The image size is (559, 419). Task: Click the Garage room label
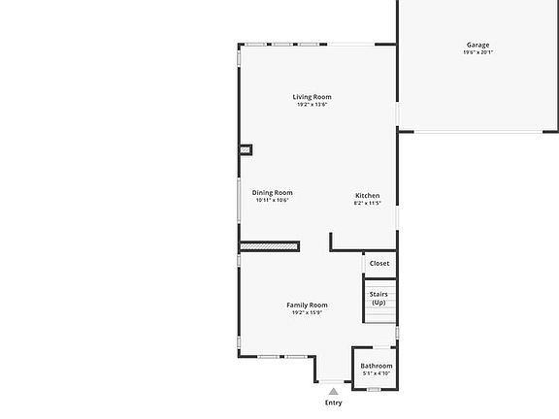(x=477, y=45)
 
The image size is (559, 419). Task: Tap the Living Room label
(x=312, y=97)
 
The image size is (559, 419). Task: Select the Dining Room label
(x=273, y=193)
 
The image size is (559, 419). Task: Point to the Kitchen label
(x=367, y=196)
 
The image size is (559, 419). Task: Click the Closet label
(x=379, y=263)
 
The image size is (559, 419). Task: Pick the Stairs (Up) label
(x=378, y=298)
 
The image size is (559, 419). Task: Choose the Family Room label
(x=307, y=306)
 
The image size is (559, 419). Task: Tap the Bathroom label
(x=377, y=366)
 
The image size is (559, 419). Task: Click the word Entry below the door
(x=334, y=403)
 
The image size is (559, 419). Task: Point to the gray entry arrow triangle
(x=334, y=390)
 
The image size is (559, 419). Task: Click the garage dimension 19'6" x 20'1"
(x=477, y=52)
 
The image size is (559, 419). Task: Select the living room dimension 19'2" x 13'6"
(x=312, y=105)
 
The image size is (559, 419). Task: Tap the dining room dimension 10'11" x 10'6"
(x=273, y=201)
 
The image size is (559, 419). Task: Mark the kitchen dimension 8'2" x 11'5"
(x=367, y=204)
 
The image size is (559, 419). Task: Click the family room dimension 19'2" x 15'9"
(x=307, y=313)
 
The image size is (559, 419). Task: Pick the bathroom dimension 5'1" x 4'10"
(x=377, y=373)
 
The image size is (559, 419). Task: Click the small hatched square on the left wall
(x=246, y=150)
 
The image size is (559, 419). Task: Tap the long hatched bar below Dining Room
(x=269, y=247)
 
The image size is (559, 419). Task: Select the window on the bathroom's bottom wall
(x=374, y=389)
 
